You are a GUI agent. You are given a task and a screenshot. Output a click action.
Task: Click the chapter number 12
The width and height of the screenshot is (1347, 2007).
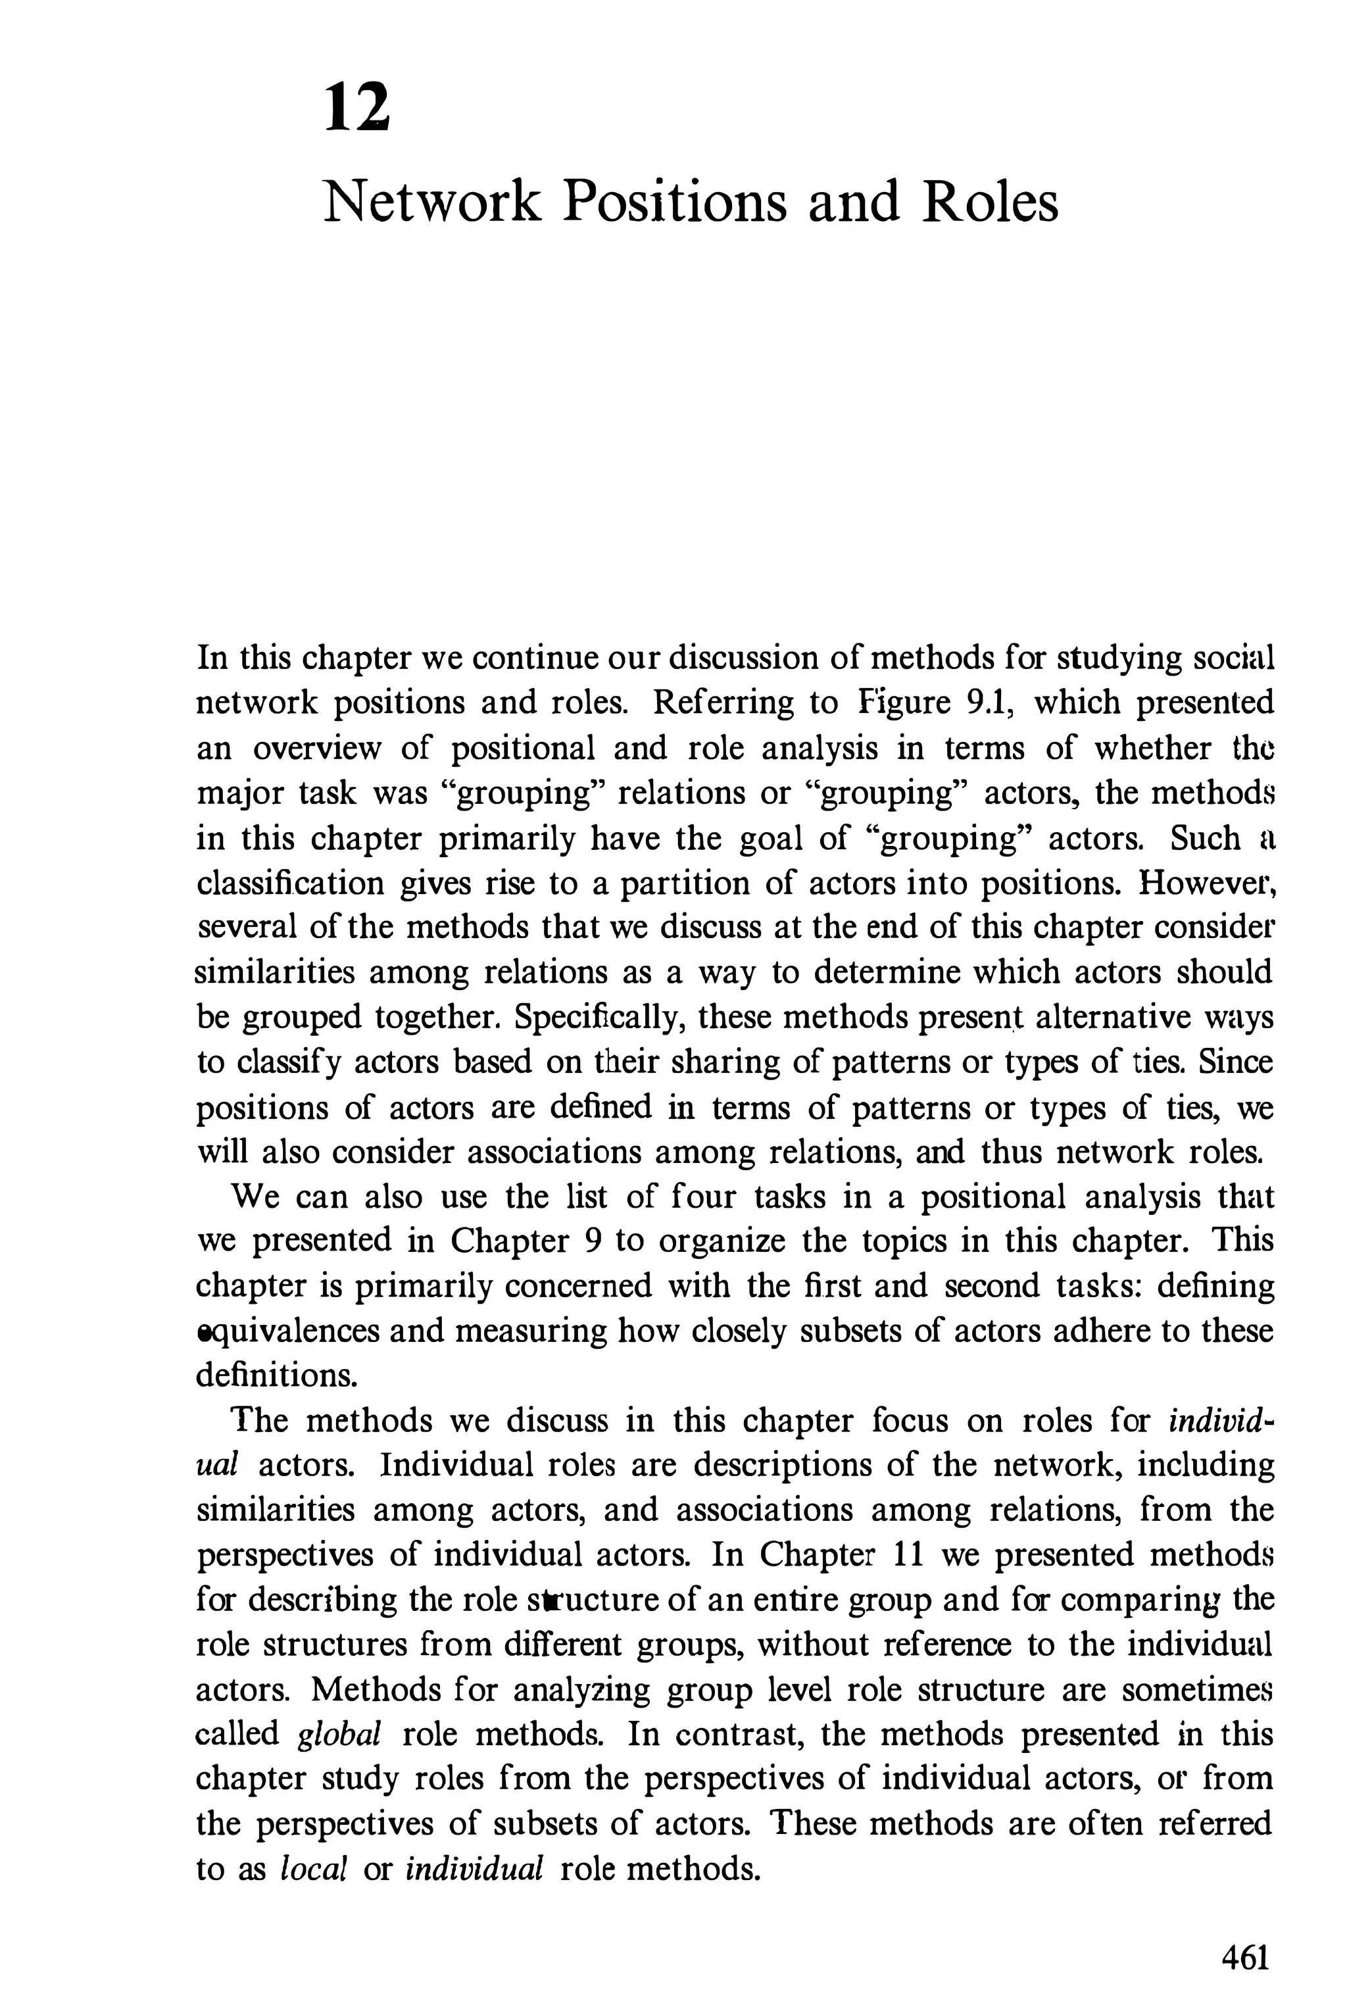coord(357,109)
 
